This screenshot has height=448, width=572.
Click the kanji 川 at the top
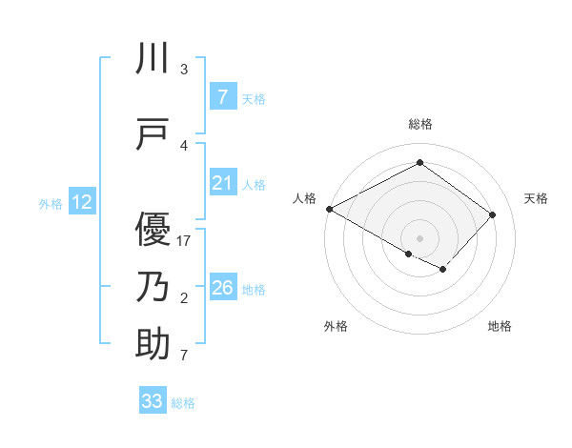point(153,59)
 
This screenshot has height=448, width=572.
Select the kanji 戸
point(153,134)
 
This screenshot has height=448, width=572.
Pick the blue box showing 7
point(222,96)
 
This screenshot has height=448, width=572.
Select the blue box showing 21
point(222,183)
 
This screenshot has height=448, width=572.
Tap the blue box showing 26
point(222,287)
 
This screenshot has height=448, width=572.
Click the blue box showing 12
point(81,202)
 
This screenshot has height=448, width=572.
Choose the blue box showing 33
point(152,401)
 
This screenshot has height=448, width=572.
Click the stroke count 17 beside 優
point(185,241)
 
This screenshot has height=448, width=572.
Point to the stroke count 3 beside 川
point(184,70)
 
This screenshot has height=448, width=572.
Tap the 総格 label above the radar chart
point(419,124)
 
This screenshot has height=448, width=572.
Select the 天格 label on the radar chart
point(536,198)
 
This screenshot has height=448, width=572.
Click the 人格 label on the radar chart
point(304,198)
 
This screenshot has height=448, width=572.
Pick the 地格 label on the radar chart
point(500,326)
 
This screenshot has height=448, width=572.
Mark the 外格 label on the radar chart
point(336,326)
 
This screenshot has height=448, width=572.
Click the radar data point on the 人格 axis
point(329,209)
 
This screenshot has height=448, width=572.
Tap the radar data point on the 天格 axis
point(492,214)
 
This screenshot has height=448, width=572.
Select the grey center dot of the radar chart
point(419,237)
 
